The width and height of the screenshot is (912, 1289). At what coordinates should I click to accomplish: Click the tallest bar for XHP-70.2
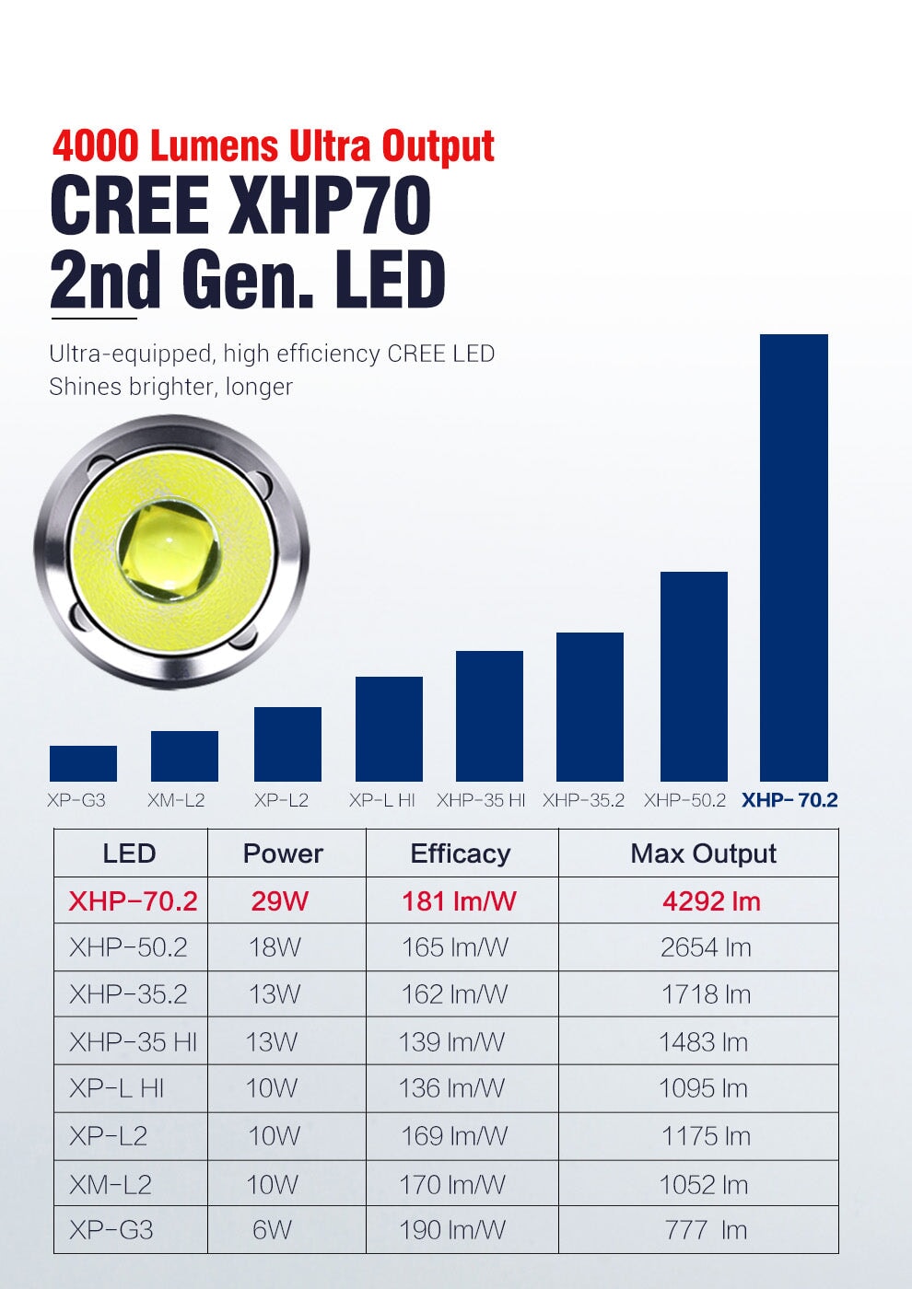[x=793, y=557]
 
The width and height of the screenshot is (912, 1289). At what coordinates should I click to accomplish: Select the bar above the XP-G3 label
[x=83, y=763]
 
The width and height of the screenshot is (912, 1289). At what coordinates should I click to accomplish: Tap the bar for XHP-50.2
[x=694, y=676]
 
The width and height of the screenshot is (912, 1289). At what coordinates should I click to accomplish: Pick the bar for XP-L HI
[x=389, y=728]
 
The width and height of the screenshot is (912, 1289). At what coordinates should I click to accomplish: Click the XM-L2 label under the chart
[x=176, y=800]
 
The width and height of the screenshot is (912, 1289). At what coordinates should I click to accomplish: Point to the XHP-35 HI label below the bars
[x=481, y=800]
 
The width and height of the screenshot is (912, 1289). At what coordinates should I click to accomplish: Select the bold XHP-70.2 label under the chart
[x=789, y=799]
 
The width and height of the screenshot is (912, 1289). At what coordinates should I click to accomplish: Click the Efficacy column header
[x=461, y=854]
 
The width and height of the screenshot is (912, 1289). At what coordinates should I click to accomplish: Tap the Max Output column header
[x=703, y=854]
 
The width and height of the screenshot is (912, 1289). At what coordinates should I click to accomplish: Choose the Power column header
[x=283, y=854]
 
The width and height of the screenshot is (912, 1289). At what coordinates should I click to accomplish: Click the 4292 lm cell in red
[x=711, y=900]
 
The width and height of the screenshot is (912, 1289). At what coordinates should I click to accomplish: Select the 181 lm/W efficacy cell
[x=459, y=900]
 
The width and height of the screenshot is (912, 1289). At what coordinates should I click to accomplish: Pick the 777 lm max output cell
[x=706, y=1230]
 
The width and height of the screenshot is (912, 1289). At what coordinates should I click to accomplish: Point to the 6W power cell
[x=272, y=1230]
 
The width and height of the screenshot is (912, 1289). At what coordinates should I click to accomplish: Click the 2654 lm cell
[x=706, y=947]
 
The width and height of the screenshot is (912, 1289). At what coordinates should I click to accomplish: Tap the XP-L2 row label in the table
[x=108, y=1136]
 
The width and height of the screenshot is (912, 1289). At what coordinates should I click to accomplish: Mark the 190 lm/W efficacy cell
[x=452, y=1230]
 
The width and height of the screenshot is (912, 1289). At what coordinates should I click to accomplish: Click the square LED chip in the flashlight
[x=170, y=551]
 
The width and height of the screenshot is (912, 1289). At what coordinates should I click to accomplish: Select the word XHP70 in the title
[x=330, y=206]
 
